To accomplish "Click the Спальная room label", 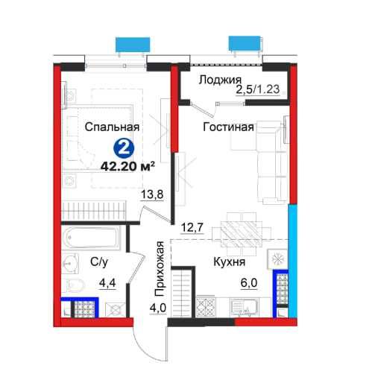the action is click(x=112, y=127).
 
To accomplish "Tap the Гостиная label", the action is click(x=228, y=127).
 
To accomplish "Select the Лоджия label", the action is click(x=220, y=80).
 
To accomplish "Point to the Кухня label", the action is click(x=229, y=262).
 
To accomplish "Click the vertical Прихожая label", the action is click(x=159, y=269).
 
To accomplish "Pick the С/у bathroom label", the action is click(x=99, y=262).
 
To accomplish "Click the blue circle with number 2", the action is click(x=124, y=148).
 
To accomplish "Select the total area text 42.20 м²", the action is click(x=127, y=166).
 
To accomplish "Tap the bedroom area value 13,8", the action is click(x=152, y=194).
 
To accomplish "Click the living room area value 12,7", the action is click(x=192, y=227).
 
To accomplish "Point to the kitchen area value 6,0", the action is click(x=248, y=283).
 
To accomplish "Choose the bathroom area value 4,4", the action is click(x=107, y=282).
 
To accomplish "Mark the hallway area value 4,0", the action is click(x=157, y=308).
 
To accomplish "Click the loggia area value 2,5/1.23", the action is click(x=258, y=89).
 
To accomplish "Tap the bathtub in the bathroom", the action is click(x=90, y=238).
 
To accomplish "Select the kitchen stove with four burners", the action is click(x=205, y=307).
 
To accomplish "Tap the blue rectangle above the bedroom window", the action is click(x=133, y=44).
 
